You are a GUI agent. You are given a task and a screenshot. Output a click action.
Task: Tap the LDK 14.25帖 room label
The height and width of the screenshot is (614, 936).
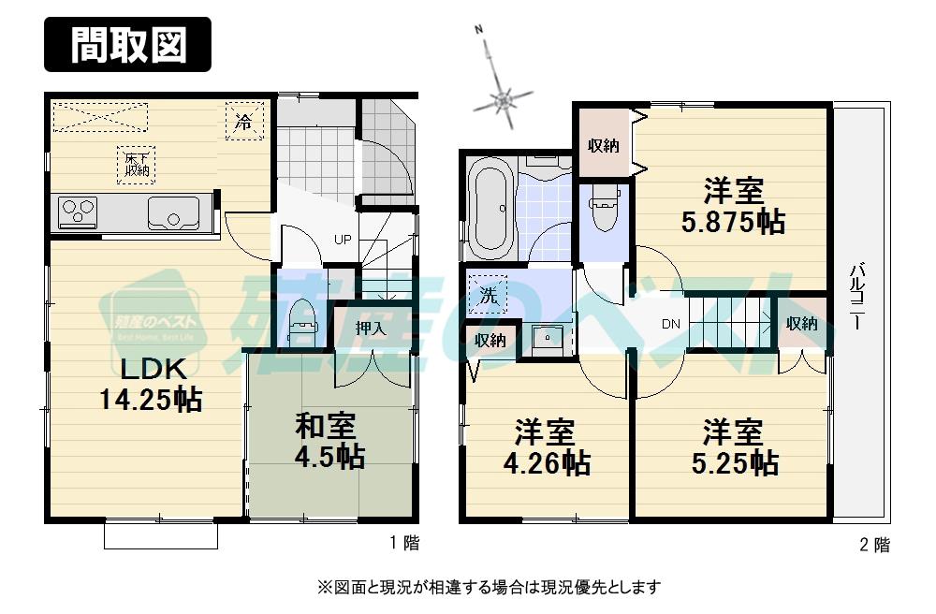tap(150, 383)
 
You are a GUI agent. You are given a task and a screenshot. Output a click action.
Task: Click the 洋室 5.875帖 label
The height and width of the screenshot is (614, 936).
tap(733, 208)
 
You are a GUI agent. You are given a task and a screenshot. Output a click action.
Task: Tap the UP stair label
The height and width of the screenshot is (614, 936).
tap(343, 240)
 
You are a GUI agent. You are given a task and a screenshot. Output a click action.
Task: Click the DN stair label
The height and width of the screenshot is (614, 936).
tap(670, 325)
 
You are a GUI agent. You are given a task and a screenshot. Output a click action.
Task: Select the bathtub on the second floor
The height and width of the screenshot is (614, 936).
tap(489, 209)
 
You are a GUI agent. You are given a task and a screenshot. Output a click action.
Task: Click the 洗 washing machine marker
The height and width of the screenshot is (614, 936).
tap(489, 294)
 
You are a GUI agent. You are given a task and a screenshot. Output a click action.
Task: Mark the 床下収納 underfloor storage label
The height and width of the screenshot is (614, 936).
tap(137, 164)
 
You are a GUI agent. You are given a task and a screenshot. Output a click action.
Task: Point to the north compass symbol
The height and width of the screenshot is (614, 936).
tap(503, 95)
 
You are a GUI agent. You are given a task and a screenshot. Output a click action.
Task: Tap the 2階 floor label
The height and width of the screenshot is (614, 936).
tap(874, 545)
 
